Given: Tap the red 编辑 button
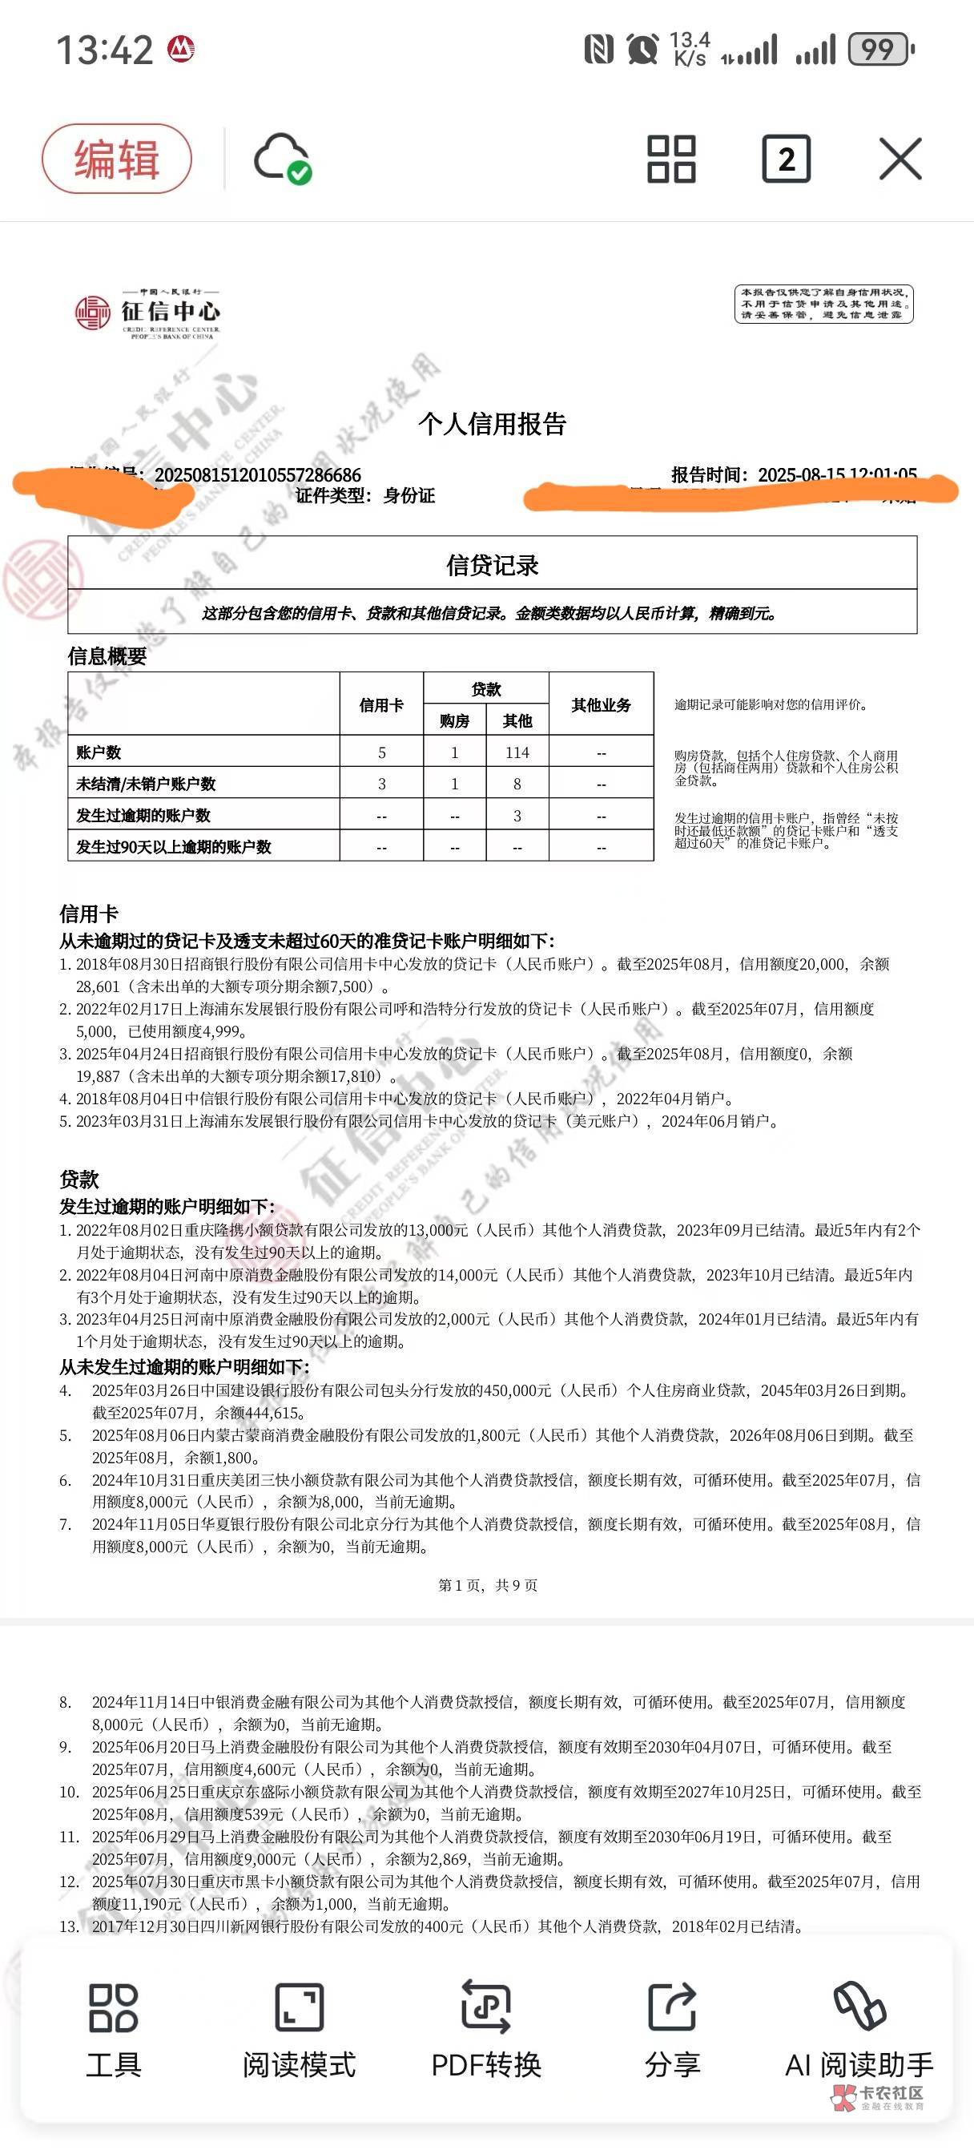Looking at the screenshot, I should tap(116, 158).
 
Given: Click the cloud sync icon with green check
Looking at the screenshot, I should tap(282, 158).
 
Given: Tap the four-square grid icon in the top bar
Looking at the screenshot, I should tap(670, 159).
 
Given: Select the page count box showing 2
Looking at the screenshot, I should tap(786, 159).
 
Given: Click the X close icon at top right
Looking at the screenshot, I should tap(900, 159).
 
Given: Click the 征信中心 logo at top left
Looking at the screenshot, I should tap(148, 313).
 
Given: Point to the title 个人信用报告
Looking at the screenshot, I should tap(492, 424).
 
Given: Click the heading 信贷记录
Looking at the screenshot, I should tap(492, 565).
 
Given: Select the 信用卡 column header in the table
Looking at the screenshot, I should tap(381, 705).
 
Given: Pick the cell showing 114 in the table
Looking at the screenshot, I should tap(517, 752).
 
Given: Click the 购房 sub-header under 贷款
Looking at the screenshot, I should tap(454, 720).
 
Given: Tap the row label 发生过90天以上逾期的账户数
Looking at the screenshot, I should tap(174, 846).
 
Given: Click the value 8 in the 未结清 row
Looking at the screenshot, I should tap(517, 785).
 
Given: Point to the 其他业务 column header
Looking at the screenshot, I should tap(600, 705).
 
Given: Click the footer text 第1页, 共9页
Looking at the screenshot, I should tap(488, 1584).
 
